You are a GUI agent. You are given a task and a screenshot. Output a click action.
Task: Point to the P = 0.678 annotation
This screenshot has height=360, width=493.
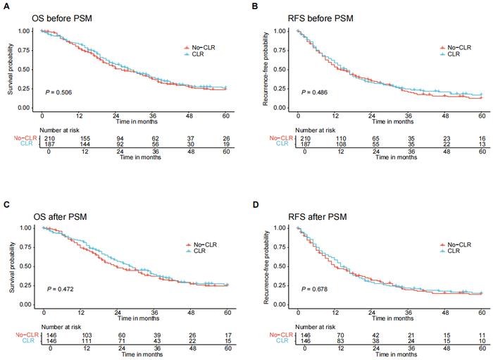315,289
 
